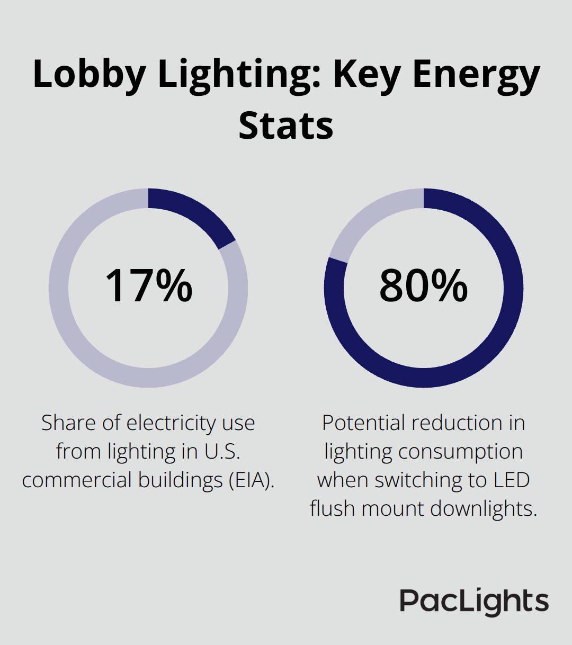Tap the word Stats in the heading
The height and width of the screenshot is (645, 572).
tap(285, 126)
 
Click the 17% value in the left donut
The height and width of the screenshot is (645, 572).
tap(149, 286)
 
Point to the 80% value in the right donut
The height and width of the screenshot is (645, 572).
tap(423, 286)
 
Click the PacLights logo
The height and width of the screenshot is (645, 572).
tap(474, 602)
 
